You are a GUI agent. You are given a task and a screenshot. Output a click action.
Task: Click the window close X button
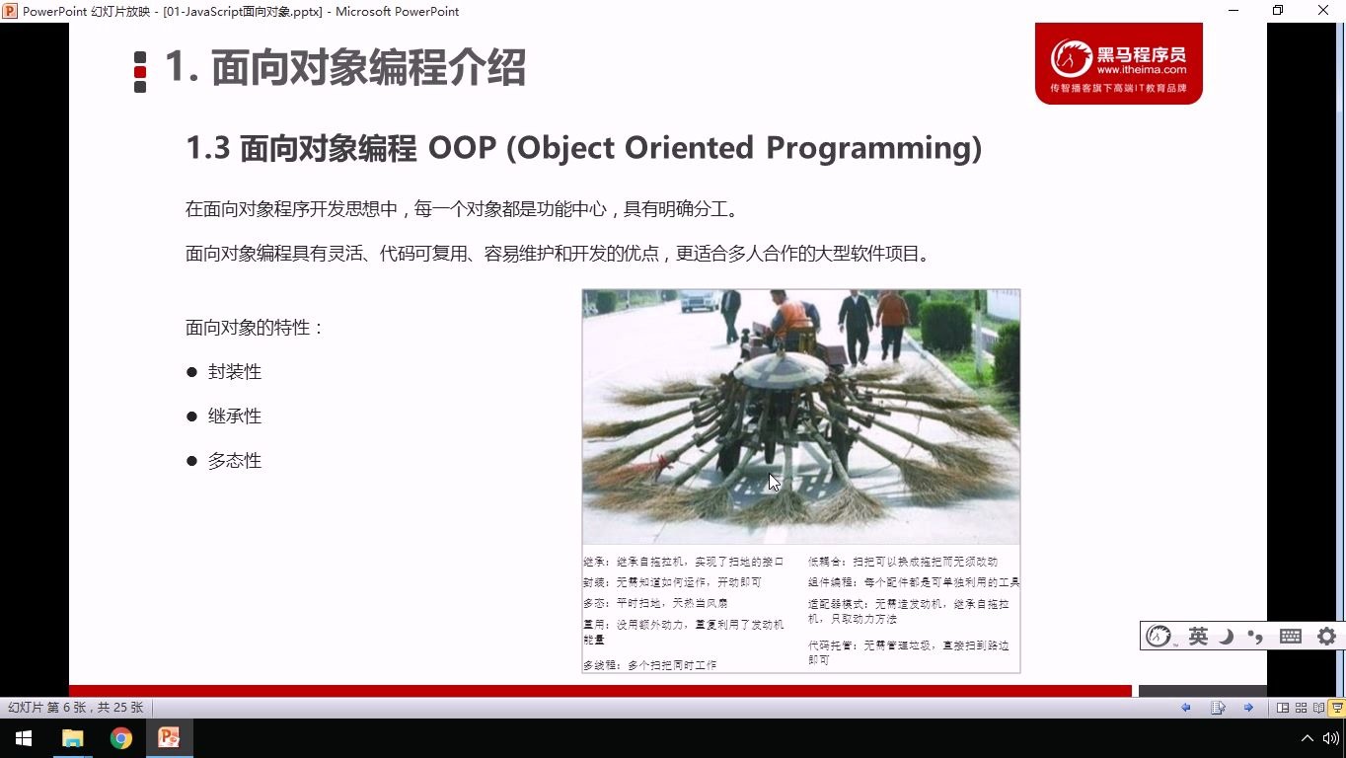point(1323,11)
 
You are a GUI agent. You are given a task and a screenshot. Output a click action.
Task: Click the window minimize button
point(1234,11)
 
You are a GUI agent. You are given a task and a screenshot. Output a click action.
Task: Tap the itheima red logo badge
point(1118,63)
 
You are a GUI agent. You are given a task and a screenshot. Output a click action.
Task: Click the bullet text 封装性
point(235,372)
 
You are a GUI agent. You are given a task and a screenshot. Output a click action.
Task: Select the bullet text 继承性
point(235,417)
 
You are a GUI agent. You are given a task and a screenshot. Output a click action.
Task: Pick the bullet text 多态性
point(235,461)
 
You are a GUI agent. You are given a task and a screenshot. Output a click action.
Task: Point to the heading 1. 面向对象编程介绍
point(344,68)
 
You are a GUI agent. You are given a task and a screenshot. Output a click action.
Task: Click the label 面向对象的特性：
point(255,328)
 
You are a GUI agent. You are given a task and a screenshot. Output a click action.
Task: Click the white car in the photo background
point(699,299)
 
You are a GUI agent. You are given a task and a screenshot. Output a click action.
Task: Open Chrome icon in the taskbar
point(121,738)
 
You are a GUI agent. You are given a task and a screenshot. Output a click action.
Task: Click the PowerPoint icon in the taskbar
point(169,738)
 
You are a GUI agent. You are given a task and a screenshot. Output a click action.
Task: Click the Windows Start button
point(24,738)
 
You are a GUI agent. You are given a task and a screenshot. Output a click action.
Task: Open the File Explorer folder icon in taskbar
point(73,738)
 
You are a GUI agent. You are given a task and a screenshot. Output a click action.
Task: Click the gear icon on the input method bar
point(1326,637)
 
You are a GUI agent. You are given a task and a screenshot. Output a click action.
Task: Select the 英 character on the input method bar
point(1198,637)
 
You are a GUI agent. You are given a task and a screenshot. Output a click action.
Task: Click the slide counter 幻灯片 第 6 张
point(75,708)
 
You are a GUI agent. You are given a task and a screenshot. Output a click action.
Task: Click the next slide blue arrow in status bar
point(1248,708)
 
